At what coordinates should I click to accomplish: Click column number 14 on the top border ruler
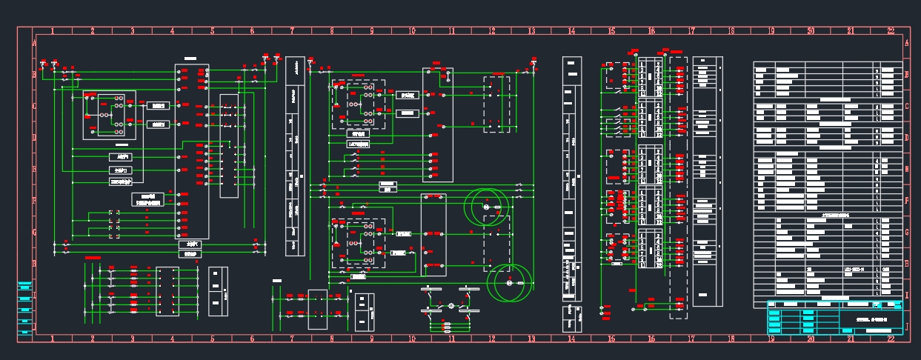[571, 31]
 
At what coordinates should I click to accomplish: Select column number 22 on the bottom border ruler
[891, 339]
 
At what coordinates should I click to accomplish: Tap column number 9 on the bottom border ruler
[372, 339]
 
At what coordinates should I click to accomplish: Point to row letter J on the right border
[907, 326]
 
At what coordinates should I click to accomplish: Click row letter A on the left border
[34, 43]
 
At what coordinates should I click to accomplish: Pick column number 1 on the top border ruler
[53, 31]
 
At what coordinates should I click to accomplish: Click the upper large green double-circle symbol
[488, 207]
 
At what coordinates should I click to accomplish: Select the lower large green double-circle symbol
[510, 283]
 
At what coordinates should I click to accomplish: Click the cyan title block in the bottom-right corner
[834, 318]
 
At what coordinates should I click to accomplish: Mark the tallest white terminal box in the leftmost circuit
[192, 151]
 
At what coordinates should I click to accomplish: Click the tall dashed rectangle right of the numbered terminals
[678, 187]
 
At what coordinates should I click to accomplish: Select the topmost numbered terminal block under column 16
[651, 77]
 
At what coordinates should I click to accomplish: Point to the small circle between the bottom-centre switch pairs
[450, 306]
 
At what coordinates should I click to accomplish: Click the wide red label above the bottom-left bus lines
[93, 257]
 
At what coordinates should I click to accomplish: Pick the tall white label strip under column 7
[295, 156]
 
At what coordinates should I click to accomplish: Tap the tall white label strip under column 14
[571, 178]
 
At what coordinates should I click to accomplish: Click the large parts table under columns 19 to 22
[828, 181]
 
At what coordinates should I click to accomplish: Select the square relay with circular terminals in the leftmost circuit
[109, 115]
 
